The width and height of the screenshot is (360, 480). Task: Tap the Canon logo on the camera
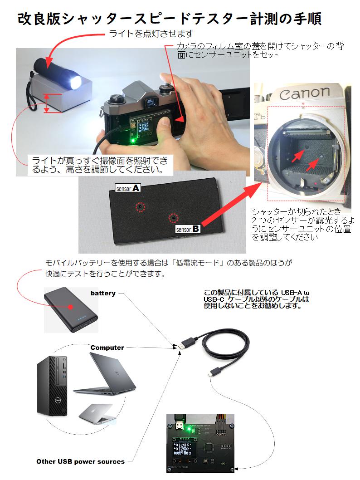point(304,94)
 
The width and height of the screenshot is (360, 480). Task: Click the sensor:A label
point(128,188)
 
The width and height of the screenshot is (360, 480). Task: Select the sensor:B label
point(188,230)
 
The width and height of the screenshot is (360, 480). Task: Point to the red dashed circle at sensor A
point(141,207)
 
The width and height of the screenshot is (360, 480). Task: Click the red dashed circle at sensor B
point(173,219)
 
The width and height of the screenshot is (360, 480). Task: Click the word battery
point(103,294)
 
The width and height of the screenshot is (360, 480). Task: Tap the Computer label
point(107,348)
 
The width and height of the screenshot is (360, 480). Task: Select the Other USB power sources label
point(80,461)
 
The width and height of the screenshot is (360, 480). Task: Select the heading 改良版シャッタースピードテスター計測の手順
point(170,19)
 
